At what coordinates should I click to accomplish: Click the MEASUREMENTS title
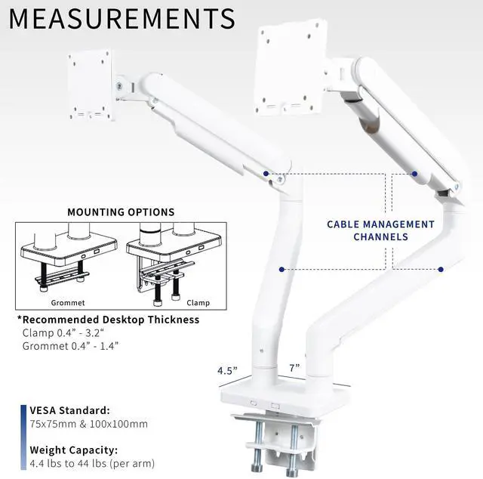point(122,18)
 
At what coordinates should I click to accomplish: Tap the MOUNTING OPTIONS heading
point(121,212)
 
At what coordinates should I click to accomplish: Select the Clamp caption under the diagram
point(198,303)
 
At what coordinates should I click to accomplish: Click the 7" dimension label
point(294,367)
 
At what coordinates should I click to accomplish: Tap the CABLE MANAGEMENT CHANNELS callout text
point(380,230)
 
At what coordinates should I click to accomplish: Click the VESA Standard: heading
point(70,409)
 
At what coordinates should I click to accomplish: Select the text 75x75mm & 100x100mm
point(89,424)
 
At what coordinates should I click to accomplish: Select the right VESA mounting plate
point(290,68)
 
